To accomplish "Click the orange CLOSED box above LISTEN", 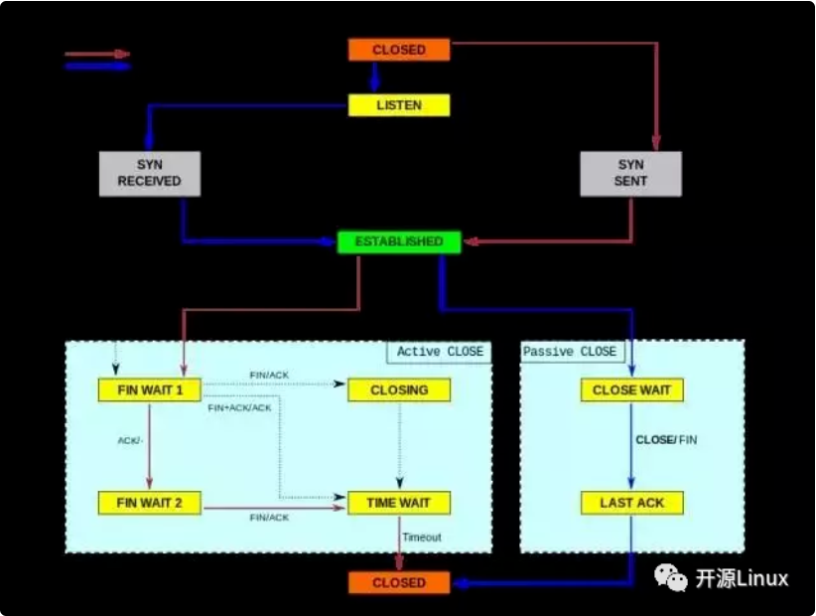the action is (399, 50).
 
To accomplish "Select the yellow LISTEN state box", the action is (399, 105).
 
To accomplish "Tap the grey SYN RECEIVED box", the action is (150, 174).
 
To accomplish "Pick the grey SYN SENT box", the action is (630, 174).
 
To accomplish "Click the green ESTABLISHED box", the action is (399, 242).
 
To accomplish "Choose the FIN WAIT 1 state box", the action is (150, 390).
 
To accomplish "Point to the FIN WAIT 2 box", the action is (150, 503).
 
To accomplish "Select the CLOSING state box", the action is (399, 390).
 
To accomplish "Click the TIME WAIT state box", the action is (399, 503).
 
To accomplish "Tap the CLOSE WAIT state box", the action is (631, 390).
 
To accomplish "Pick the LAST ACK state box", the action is (631, 503).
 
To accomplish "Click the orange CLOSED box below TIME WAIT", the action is (399, 582).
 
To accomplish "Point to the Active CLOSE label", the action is (441, 352).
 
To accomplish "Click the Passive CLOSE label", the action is (570, 352).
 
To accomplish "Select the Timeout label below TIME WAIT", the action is (422, 538).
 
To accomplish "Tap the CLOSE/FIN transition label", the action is (666, 440).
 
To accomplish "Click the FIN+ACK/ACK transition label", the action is (239, 408).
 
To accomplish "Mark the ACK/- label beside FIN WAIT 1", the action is (130, 441).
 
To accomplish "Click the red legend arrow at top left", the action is (97, 54).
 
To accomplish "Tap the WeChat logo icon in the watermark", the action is (671, 577).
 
